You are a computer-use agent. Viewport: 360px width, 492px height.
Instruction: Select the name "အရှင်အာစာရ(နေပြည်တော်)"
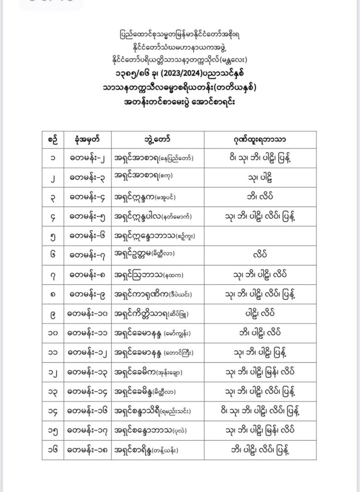156,158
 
